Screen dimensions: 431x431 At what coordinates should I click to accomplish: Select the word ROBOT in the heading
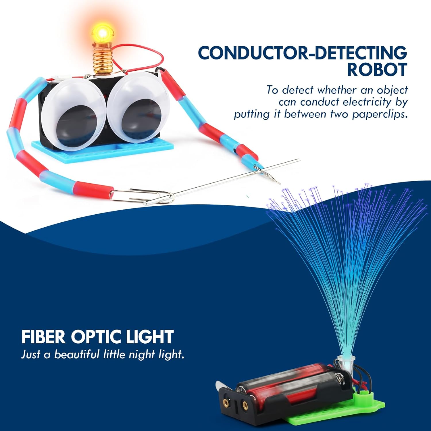[377, 69]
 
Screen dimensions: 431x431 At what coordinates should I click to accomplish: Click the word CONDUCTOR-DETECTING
[303, 53]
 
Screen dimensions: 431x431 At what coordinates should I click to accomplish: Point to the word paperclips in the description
[380, 114]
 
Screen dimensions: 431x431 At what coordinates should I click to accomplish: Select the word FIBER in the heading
[43, 337]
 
